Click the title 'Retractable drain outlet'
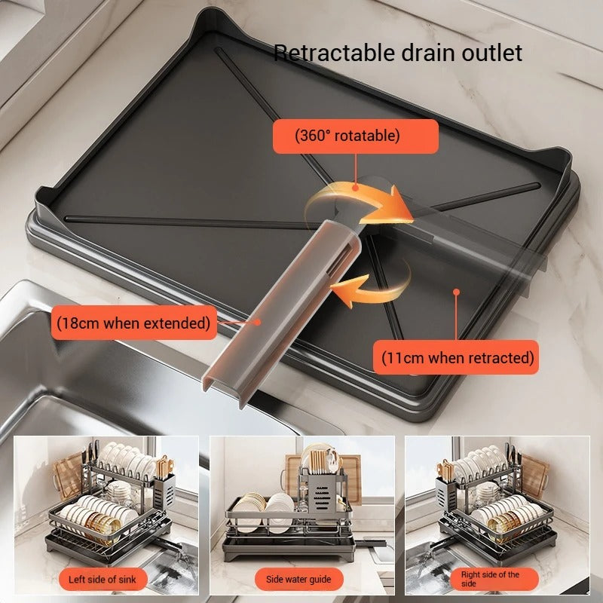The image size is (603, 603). point(397,53)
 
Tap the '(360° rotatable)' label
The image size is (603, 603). point(355,136)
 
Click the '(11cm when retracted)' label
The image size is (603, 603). point(457,357)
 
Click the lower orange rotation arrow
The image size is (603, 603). point(373,283)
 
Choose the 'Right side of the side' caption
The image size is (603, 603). point(490,579)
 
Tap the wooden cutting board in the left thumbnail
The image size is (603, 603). point(69,475)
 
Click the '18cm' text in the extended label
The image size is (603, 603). point(81,323)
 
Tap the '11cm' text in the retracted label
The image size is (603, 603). point(402,357)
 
